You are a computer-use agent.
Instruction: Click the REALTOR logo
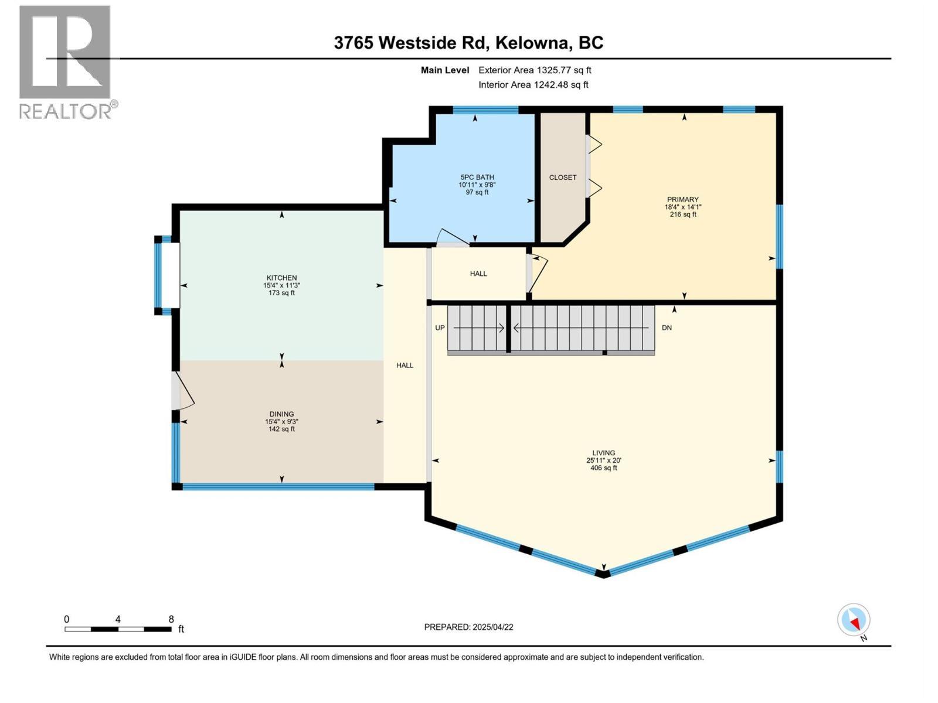point(65,62)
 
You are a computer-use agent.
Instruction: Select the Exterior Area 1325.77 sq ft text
point(535,70)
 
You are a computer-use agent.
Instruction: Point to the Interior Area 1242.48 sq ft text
point(533,85)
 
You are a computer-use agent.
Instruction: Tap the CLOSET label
point(563,178)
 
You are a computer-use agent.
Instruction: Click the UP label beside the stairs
point(440,328)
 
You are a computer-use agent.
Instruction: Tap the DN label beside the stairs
point(667,328)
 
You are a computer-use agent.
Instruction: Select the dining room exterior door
point(183,391)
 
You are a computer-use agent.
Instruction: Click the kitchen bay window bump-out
point(167,275)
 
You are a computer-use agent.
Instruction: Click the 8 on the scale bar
point(171,619)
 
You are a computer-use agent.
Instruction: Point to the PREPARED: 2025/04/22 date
point(468,627)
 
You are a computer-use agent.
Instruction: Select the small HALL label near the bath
point(478,274)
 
